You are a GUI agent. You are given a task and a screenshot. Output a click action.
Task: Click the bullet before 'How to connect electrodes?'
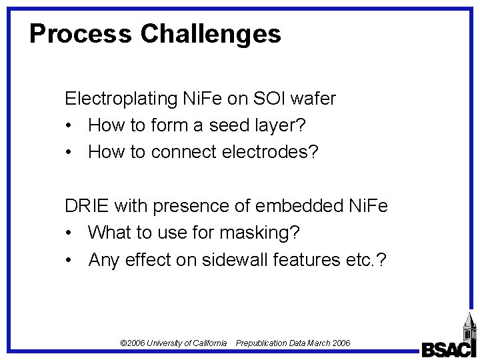(70, 152)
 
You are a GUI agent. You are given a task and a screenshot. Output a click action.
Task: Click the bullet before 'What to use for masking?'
(70, 233)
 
